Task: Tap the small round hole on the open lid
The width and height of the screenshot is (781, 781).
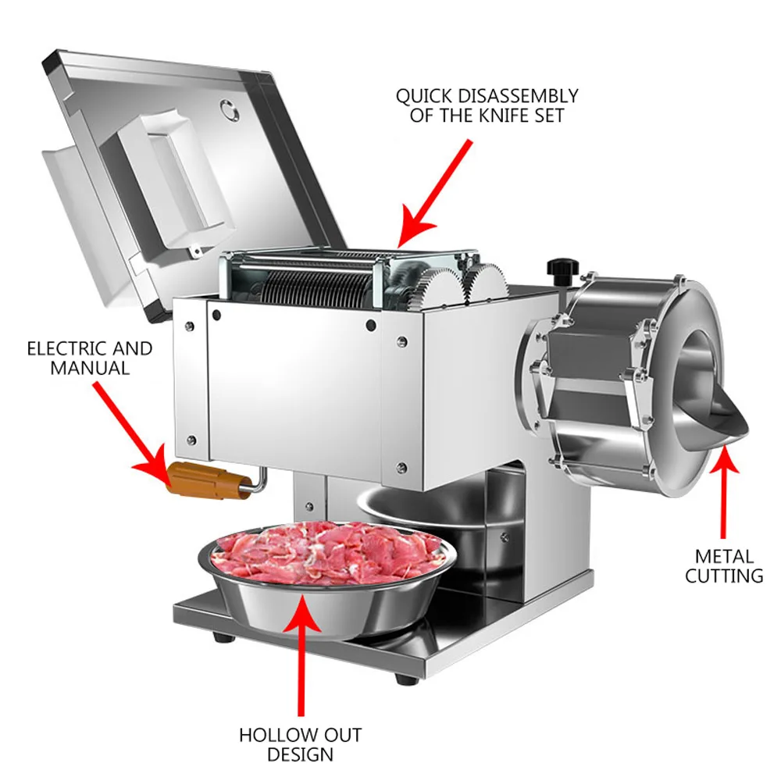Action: click(229, 110)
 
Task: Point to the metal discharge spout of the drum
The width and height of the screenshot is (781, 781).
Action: click(722, 422)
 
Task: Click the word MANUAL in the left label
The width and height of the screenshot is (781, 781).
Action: click(89, 368)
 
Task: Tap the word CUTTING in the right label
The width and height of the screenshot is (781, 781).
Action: click(724, 576)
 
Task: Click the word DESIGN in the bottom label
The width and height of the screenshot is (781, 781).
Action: click(300, 754)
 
